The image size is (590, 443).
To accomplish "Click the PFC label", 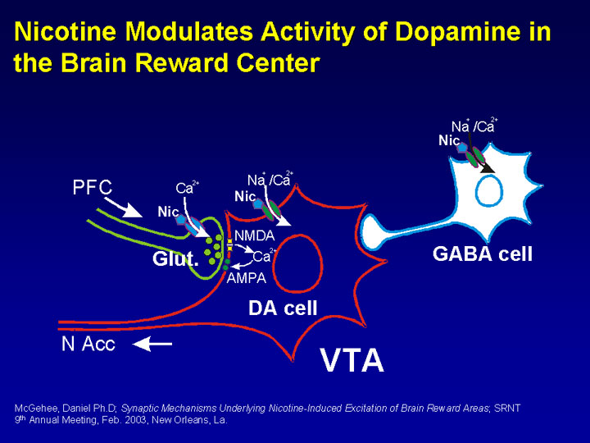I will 92,188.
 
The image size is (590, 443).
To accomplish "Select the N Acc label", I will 88,345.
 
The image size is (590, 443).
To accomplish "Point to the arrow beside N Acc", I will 152,345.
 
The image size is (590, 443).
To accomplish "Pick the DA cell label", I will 283,308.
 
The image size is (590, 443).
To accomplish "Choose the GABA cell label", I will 482,254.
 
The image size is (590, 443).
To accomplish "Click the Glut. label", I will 175,260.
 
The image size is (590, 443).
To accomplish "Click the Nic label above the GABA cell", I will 449,140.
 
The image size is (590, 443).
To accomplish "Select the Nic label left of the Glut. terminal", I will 168,212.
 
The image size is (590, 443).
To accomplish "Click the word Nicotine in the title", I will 68,33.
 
